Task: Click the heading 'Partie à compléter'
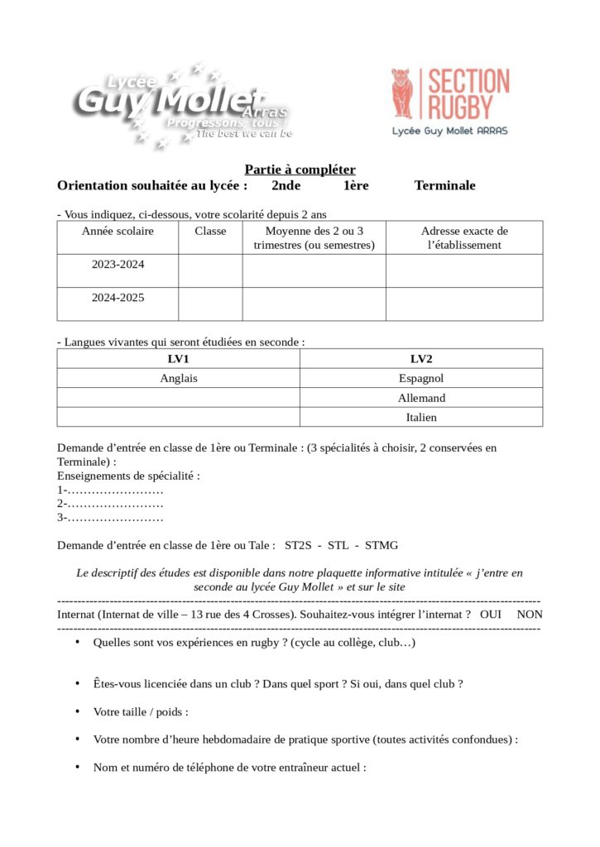click(300, 169)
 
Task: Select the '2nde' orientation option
click(286, 185)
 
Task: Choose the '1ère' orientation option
click(356, 185)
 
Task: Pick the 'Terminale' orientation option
click(444, 185)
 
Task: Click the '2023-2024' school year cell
click(118, 265)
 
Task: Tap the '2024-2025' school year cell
click(118, 298)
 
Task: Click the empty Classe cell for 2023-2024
click(210, 270)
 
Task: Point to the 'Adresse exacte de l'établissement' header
click(464, 237)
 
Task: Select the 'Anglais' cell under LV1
click(178, 378)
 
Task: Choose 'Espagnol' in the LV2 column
click(421, 378)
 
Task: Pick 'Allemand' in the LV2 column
click(421, 398)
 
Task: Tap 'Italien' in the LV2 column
click(421, 418)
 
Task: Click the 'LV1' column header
click(178, 359)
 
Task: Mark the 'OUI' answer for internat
click(491, 615)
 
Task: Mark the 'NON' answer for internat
click(530, 615)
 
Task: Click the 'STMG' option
click(382, 546)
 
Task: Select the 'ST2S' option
click(298, 546)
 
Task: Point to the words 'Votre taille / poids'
click(141, 712)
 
